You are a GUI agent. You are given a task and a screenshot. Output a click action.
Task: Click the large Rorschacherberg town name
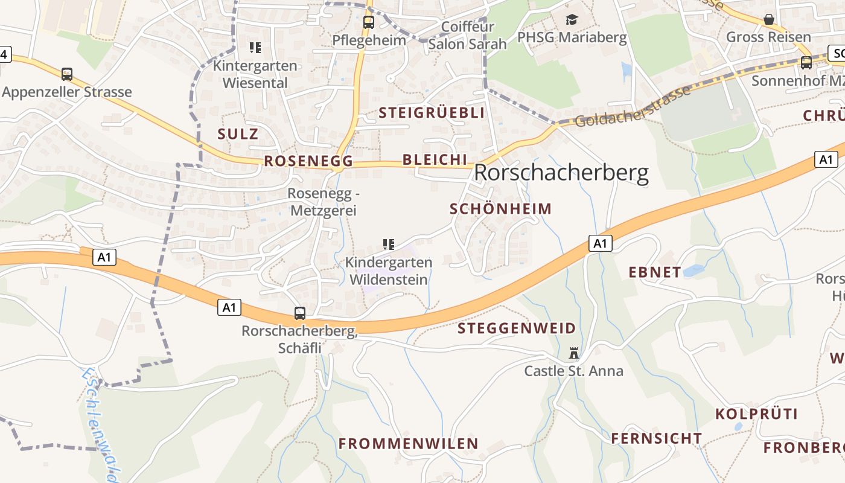tap(561, 173)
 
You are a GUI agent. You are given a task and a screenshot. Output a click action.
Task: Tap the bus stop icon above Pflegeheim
tap(368, 22)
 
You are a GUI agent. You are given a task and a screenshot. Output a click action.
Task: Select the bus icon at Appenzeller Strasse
tap(67, 74)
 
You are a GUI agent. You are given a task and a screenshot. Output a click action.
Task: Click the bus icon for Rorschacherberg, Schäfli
tap(300, 313)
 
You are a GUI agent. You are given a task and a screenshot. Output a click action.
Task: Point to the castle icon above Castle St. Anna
tap(573, 353)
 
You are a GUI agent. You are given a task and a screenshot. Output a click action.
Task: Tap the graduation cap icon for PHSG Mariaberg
tap(572, 20)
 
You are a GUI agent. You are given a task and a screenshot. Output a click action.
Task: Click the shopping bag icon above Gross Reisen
tap(769, 19)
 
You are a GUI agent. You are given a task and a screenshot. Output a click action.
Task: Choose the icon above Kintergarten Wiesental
tap(255, 47)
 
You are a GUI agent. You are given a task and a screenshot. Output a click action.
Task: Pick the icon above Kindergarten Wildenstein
tap(389, 245)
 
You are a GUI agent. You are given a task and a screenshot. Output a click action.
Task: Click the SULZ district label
tap(238, 134)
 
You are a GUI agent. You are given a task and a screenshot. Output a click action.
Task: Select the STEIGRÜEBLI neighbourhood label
tap(432, 113)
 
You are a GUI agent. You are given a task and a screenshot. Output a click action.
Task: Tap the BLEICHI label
tap(435, 159)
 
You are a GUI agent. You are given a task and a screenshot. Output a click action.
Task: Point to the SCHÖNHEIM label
tap(501, 209)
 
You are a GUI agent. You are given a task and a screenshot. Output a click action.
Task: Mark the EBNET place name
tap(655, 272)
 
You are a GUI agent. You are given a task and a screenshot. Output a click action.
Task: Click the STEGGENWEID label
tap(517, 328)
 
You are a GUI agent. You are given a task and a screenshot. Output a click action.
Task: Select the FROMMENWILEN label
tap(408, 444)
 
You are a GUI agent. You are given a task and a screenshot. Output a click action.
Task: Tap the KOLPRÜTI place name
tap(756, 414)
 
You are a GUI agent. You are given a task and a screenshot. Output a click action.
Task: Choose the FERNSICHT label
tap(657, 438)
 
